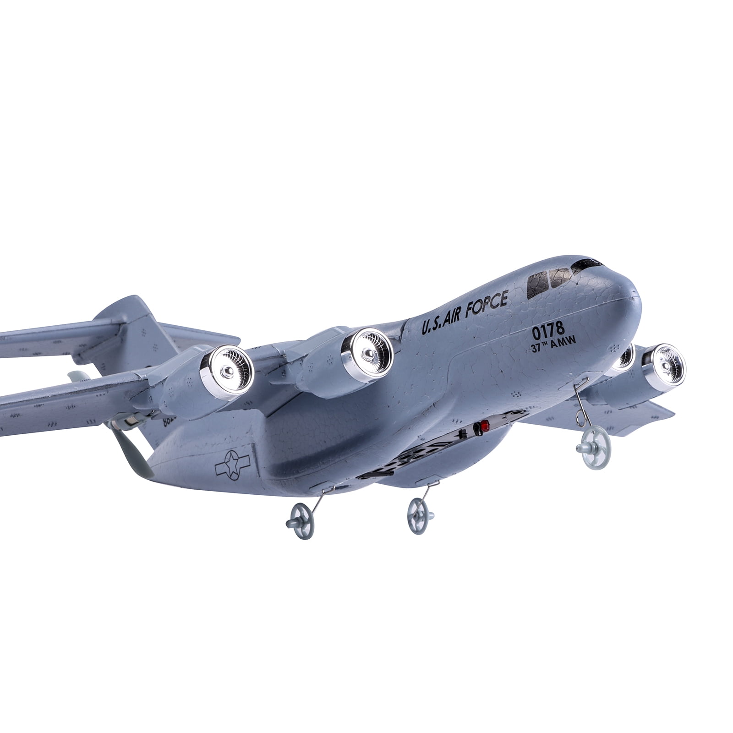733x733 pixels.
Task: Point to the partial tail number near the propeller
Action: pos(167,421)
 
